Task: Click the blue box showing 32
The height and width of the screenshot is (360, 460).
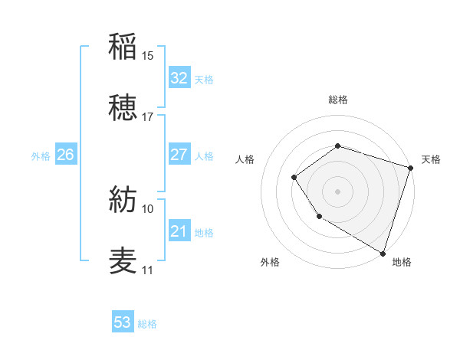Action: coord(179,78)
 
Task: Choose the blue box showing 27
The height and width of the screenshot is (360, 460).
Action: coord(179,155)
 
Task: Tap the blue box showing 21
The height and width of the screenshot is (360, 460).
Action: coord(179,231)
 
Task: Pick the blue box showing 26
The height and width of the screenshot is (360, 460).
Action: coord(66,155)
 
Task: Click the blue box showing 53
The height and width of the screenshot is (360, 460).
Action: coord(123,322)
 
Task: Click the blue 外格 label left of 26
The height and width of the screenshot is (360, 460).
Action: coord(41,155)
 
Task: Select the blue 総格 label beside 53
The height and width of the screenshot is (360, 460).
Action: coord(147,324)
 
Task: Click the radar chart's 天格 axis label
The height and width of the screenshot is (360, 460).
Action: coord(431,159)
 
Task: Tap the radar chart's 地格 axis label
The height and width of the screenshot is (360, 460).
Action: coord(402,262)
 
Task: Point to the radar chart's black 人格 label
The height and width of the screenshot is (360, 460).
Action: coord(245,159)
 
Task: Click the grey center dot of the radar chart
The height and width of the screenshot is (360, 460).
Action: coord(337,191)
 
